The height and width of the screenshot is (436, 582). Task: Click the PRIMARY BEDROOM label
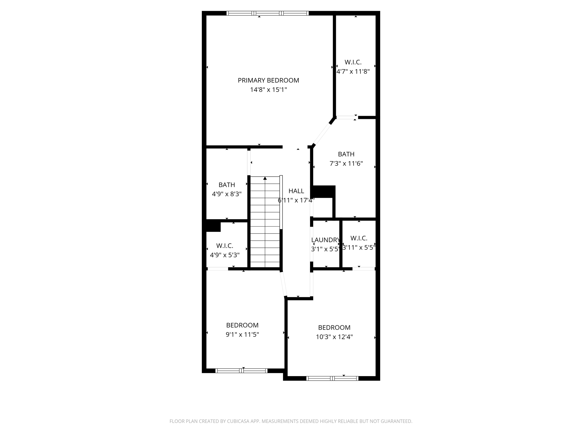(268, 80)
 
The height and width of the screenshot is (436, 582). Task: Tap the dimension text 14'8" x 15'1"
(268, 90)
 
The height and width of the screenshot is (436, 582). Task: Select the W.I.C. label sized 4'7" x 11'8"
(353, 62)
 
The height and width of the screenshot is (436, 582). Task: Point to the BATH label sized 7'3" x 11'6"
(346, 154)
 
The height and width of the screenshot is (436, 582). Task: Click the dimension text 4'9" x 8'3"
(226, 194)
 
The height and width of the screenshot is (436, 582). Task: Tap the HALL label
(296, 191)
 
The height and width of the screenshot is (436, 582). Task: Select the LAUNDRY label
(325, 240)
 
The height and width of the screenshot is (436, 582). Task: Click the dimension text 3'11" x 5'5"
(359, 248)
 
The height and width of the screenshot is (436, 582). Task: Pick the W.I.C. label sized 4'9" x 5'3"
(225, 246)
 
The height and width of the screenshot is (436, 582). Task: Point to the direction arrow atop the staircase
(265, 178)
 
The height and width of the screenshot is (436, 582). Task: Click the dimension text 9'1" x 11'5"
(242, 335)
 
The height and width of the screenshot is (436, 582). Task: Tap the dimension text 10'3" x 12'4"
(334, 337)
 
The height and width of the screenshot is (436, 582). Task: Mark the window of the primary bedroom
(267, 13)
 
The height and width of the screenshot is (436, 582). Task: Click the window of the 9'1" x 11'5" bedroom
(242, 370)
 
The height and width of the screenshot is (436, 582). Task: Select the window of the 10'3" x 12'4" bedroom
(332, 378)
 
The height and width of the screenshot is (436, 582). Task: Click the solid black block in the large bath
(324, 192)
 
